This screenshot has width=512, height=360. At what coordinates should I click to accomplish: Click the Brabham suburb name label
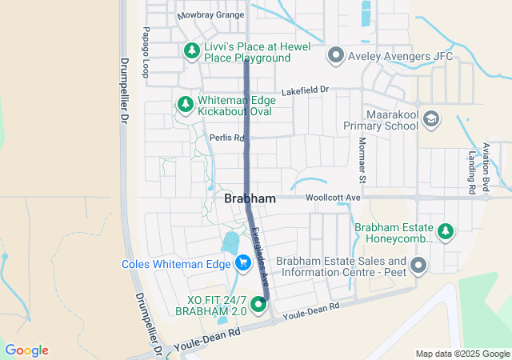click(x=250, y=198)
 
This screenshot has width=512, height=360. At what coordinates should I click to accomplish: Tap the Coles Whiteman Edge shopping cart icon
click(x=242, y=262)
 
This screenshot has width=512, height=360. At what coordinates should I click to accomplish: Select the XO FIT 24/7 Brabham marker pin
click(x=258, y=303)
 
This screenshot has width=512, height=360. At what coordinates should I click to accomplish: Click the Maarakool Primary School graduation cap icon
click(x=432, y=118)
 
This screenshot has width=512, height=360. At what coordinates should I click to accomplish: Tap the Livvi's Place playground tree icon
click(x=192, y=51)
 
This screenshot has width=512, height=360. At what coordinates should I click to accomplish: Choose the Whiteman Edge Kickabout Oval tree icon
click(x=185, y=104)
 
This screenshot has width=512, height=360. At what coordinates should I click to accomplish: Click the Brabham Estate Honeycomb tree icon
click(x=446, y=232)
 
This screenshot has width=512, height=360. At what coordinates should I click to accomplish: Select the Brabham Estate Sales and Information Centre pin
click(x=418, y=265)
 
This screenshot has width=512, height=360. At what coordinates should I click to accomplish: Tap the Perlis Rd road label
click(x=226, y=138)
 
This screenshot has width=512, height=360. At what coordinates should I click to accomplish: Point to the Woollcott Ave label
click(x=332, y=197)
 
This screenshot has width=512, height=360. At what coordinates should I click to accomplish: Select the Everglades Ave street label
click(x=260, y=252)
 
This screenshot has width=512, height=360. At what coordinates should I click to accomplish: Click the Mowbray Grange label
click(x=210, y=14)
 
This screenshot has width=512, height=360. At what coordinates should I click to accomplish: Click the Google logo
click(x=27, y=350)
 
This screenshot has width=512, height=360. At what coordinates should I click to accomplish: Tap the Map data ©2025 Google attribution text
click(x=462, y=354)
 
